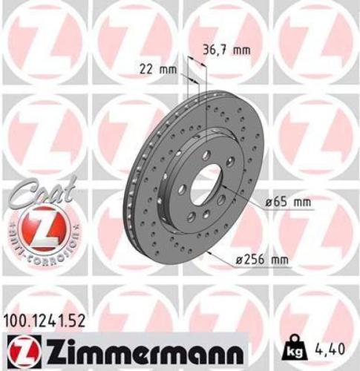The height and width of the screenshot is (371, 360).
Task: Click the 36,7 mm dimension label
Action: [226, 50]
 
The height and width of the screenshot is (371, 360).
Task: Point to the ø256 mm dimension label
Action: [259, 259]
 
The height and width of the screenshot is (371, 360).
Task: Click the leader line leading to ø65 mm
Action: [249, 197]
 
